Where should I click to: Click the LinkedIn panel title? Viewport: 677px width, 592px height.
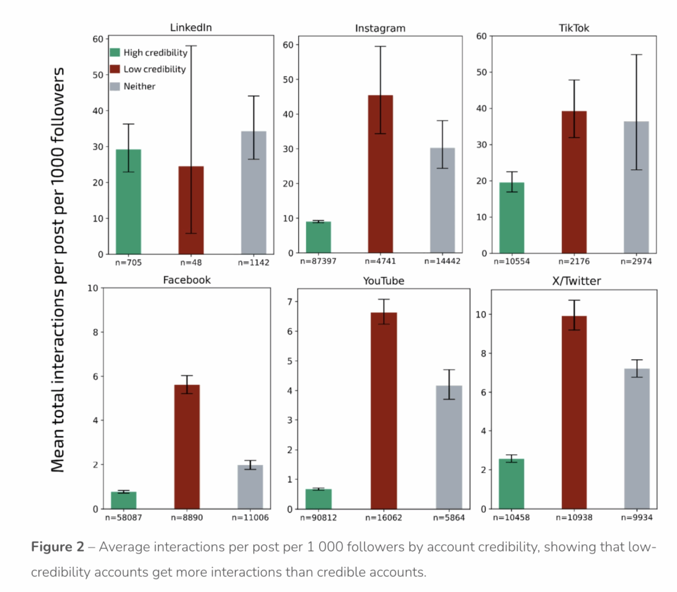pos(190,27)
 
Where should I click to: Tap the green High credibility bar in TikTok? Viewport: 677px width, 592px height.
pos(511,218)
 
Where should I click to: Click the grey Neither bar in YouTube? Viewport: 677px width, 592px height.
pos(449,447)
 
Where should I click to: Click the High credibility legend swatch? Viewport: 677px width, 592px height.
pos(115,52)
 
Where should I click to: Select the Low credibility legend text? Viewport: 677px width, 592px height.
pos(155,69)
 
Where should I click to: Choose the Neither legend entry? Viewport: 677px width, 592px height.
pos(139,85)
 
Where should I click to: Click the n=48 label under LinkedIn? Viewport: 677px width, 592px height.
pos(190,261)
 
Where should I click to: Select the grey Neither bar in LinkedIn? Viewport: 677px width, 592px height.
pos(253,192)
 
